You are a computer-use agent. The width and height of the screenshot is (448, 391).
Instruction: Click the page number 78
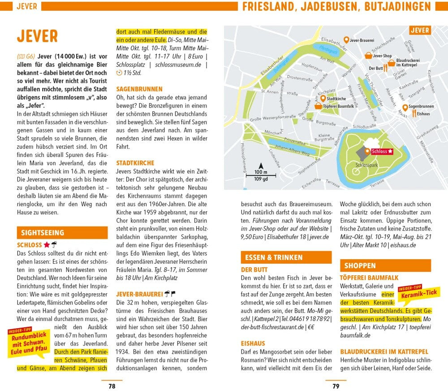[112, 385]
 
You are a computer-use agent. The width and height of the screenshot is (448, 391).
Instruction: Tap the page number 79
[336, 385]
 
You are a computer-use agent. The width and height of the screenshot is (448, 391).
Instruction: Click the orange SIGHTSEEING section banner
[62, 233]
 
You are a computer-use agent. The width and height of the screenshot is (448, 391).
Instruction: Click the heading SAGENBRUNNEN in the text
[139, 89]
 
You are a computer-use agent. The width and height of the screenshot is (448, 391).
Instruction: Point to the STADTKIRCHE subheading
[135, 163]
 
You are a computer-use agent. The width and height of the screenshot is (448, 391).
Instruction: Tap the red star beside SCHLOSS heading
[46, 245]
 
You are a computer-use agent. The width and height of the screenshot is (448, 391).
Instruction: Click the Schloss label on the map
[379, 152]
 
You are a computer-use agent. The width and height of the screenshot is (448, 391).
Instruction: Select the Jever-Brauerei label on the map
[362, 40]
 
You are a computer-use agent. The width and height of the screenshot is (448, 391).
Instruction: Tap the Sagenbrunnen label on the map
[421, 106]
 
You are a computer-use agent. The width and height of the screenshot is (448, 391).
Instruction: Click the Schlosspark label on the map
[363, 165]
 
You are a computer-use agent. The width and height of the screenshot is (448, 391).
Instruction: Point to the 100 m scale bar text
[261, 172]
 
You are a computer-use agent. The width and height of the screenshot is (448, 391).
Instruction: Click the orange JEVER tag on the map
[420, 30]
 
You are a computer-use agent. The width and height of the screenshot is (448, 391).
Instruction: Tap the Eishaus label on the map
[423, 114]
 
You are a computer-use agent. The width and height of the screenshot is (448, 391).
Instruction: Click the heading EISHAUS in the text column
[253, 343]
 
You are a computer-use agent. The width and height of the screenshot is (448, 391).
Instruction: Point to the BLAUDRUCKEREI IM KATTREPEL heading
[384, 352]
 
